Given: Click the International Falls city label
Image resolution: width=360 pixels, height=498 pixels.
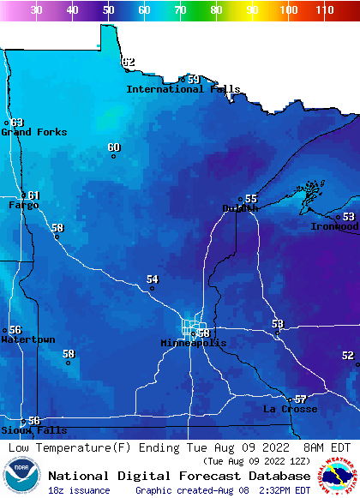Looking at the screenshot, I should click(183, 89).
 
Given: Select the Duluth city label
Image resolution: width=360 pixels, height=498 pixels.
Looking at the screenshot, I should click(240, 208).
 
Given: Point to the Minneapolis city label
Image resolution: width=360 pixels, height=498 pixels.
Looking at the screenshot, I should click(194, 343).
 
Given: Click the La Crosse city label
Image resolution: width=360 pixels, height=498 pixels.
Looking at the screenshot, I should click(290, 409).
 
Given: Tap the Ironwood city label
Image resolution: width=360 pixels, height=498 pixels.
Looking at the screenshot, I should click(334, 226).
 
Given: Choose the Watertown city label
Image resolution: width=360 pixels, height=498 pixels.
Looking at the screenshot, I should click(27, 339).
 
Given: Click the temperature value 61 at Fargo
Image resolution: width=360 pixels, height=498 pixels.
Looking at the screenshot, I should click(33, 195).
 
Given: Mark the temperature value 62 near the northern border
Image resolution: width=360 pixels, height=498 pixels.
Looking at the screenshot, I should click(128, 62).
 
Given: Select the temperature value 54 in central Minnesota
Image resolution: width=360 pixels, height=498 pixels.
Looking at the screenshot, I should click(153, 279).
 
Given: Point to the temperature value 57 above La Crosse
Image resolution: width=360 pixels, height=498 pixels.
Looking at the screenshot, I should click(300, 399).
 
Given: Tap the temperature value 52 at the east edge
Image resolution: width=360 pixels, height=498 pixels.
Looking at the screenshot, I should click(347, 355).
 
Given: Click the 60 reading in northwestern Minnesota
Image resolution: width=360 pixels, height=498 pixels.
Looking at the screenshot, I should click(114, 147).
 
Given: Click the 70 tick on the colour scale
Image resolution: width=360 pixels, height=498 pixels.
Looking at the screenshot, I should click(180, 10).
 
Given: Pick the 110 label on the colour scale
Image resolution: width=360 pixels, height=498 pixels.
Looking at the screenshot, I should click(323, 10).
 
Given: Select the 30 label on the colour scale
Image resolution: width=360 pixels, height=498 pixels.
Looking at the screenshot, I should click(36, 10).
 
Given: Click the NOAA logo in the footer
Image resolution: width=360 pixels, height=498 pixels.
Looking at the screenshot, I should click(21, 477).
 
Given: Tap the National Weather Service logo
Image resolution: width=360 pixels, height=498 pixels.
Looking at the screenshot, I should click(339, 477).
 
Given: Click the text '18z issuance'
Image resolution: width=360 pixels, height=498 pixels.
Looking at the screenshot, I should click(79, 490).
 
